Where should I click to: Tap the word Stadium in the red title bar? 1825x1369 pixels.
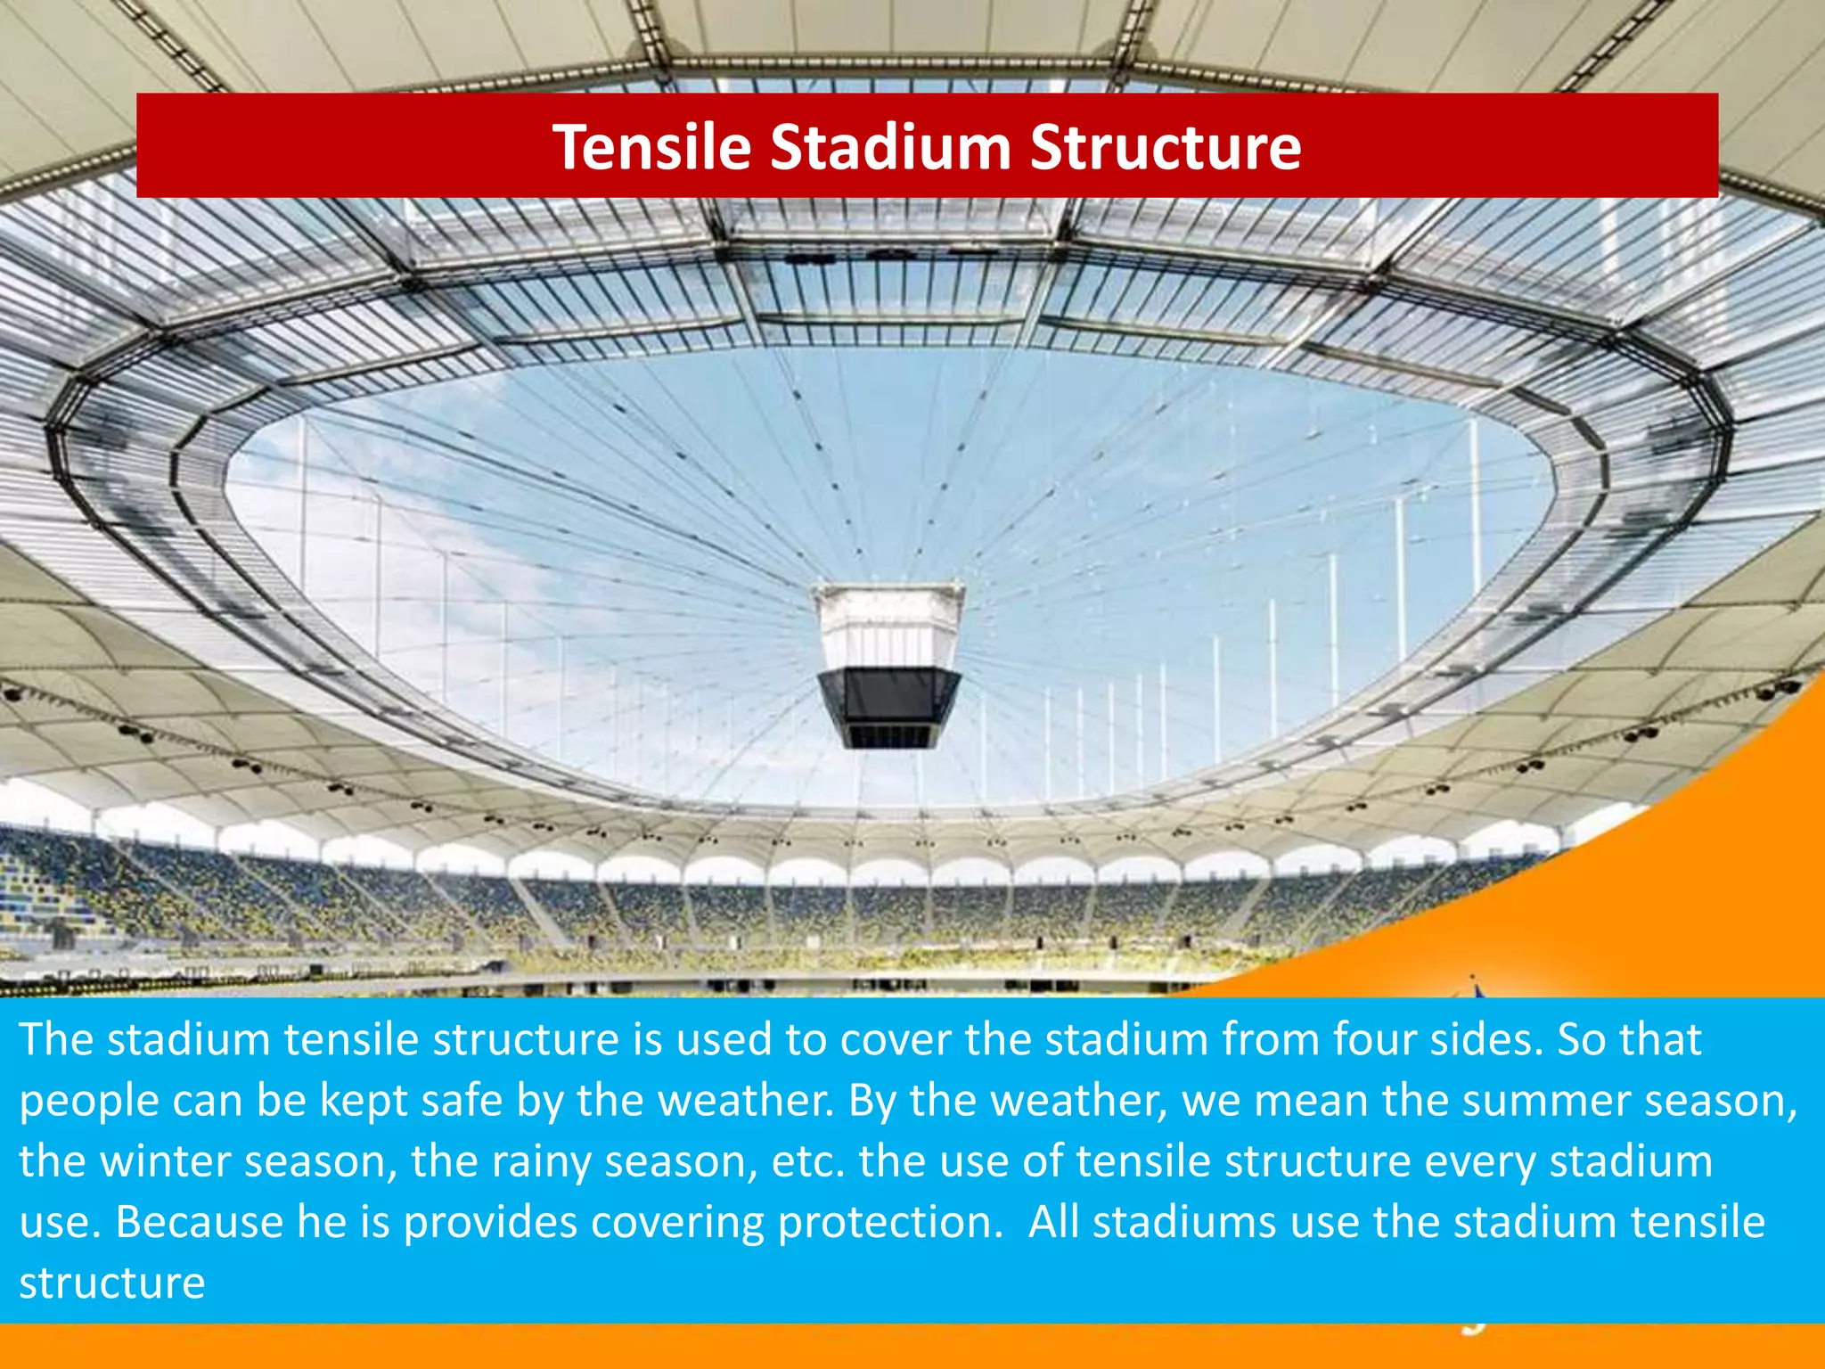coord(889,147)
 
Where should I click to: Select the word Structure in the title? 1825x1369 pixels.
coord(1165,147)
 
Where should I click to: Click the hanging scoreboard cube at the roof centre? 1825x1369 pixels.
coord(888,664)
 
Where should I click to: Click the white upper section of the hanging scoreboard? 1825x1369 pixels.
coord(888,624)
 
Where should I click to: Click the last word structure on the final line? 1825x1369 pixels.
coord(112,1283)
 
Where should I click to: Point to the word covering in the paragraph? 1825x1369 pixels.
coord(676,1222)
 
